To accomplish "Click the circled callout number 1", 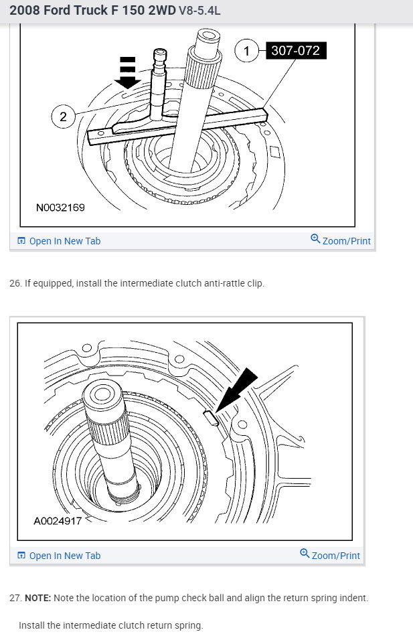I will pos(246,50).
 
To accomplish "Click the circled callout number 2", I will pos(63,117).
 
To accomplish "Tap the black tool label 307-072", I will pos(295,50).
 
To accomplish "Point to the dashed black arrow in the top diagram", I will pos(127,72).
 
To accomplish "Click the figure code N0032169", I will pos(60,208).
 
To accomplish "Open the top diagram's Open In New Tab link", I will pos(64,241).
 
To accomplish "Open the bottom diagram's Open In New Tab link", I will pos(64,556).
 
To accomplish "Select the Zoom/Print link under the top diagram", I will pos(345,241).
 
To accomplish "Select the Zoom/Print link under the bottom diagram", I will pos(335,556).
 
